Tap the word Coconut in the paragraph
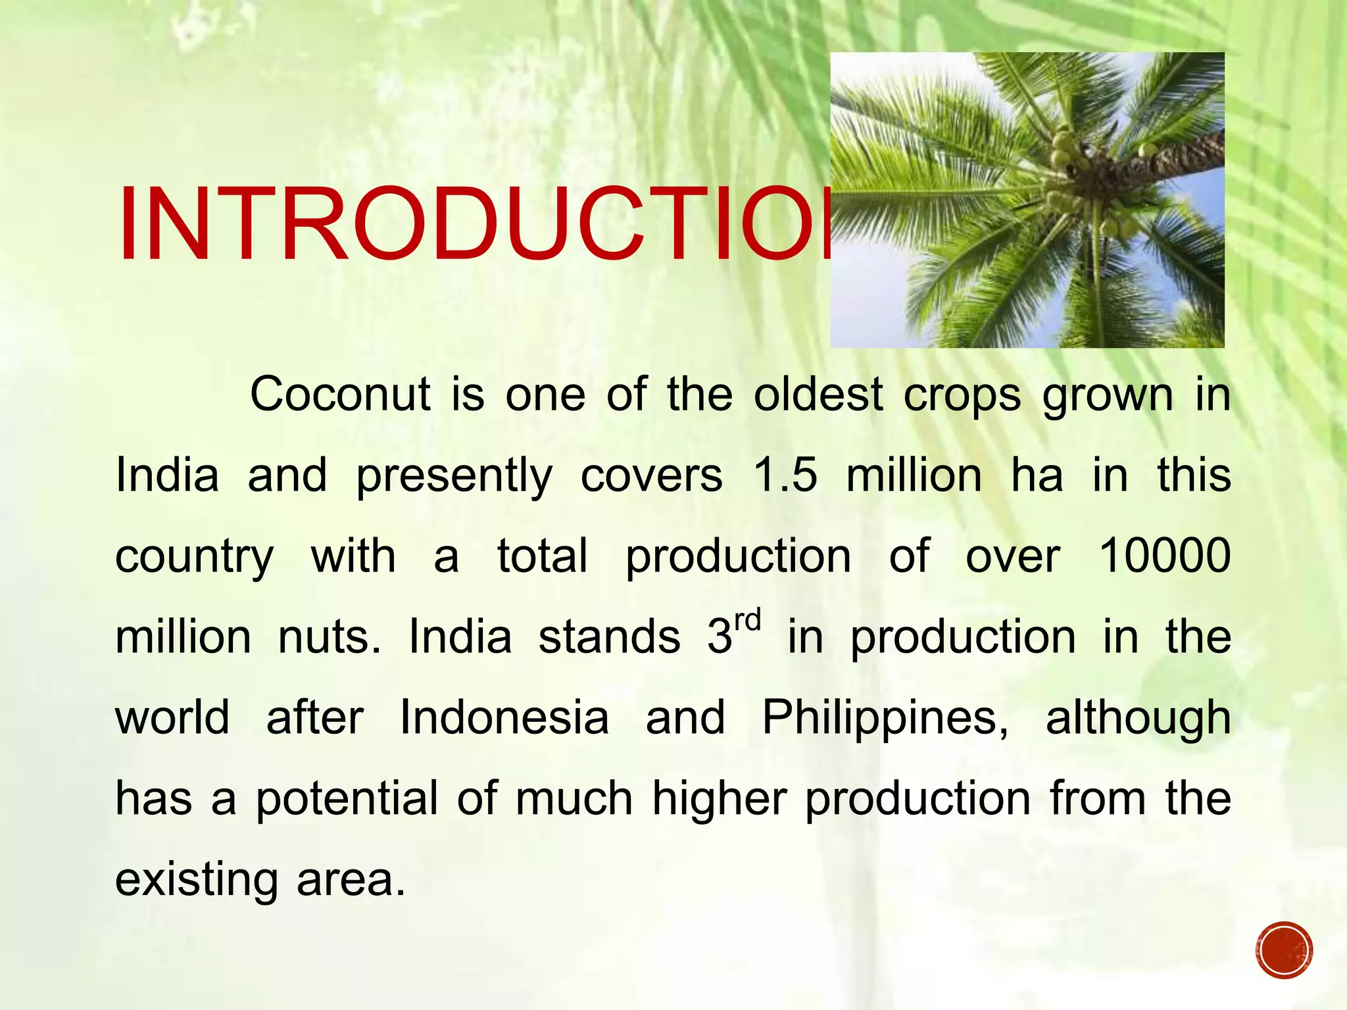(339, 395)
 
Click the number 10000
(1164, 556)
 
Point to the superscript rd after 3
(748, 621)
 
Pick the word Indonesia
(504, 717)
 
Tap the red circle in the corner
(1283, 950)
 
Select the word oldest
(818, 395)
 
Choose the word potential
(347, 799)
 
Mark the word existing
(196, 880)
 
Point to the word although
(1138, 717)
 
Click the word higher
(720, 799)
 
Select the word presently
(454, 476)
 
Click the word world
(172, 717)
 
